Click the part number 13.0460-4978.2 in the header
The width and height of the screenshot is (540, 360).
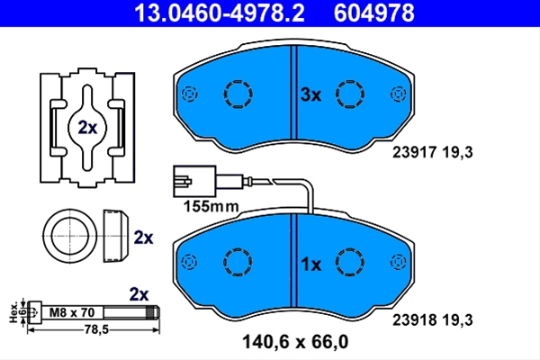tap(220, 13)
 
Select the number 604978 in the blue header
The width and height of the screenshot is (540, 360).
tap(374, 13)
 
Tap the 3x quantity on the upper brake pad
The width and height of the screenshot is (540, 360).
tap(310, 94)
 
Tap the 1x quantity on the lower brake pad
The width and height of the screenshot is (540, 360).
tap(310, 265)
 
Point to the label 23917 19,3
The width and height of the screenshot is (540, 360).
tap(433, 152)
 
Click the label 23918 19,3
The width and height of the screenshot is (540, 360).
tap(433, 320)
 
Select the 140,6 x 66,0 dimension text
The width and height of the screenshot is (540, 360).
tap(295, 342)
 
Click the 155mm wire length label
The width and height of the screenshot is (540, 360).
tap(211, 207)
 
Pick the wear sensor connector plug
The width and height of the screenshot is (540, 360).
tap(194, 181)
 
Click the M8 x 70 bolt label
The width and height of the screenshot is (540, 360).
tap(72, 312)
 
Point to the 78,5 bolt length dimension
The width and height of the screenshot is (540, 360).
tap(96, 330)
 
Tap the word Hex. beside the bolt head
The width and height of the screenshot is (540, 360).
tap(13, 313)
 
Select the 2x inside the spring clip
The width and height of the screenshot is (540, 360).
tap(87, 128)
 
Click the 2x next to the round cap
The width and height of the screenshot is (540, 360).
tap(143, 238)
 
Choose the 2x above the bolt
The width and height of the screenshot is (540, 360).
tap(139, 294)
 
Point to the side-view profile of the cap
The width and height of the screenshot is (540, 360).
tap(115, 235)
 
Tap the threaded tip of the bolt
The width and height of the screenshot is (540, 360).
tap(153, 313)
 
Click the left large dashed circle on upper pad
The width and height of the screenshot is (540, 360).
tap(238, 94)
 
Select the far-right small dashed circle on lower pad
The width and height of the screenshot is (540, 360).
tap(398, 262)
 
